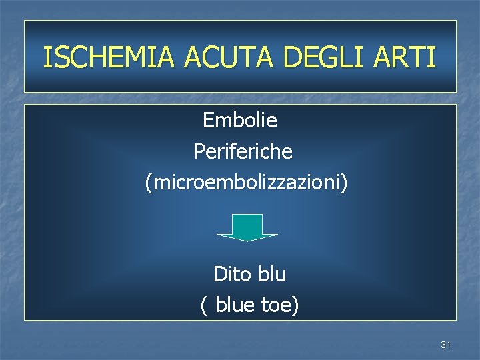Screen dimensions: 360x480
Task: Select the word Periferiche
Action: click(243, 151)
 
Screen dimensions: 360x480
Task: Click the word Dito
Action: click(230, 274)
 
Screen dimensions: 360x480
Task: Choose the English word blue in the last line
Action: click(238, 305)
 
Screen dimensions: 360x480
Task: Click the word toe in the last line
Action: click(279, 305)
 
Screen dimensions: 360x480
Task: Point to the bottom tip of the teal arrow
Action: click(248, 240)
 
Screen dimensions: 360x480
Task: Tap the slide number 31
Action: click(446, 345)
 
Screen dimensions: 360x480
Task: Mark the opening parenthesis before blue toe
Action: click(203, 306)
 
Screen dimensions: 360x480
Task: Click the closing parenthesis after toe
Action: click(296, 306)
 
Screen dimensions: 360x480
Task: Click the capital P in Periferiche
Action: click(199, 151)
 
